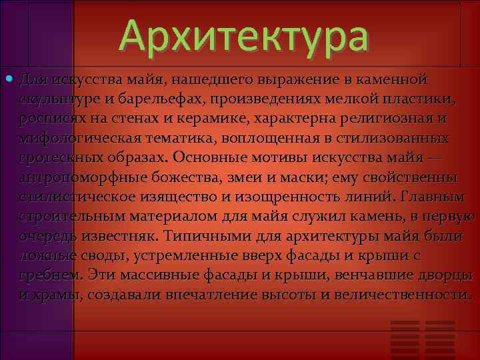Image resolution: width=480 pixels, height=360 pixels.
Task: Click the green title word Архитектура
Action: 243,37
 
